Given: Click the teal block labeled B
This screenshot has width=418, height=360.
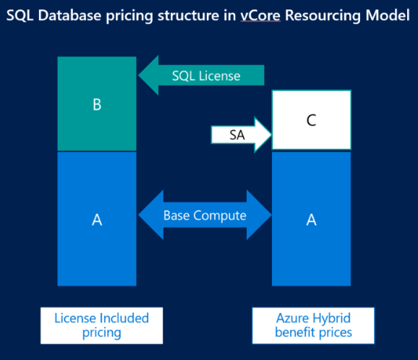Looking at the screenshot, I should pos(97,104).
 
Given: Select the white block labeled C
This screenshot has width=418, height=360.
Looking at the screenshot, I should pos(311,120).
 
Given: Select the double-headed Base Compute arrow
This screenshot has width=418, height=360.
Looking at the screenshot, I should pos(204,215).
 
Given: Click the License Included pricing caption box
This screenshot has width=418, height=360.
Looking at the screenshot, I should pos(101,325).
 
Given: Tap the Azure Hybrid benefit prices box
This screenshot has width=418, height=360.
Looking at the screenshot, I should pos(313,325).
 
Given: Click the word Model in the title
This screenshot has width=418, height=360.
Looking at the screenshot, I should pos(389,14).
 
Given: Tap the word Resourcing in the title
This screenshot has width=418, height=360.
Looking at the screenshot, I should pos(327,14).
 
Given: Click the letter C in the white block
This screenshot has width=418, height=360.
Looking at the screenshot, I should pos(311,120).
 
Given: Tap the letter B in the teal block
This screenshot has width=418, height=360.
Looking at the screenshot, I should pos(97,104).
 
